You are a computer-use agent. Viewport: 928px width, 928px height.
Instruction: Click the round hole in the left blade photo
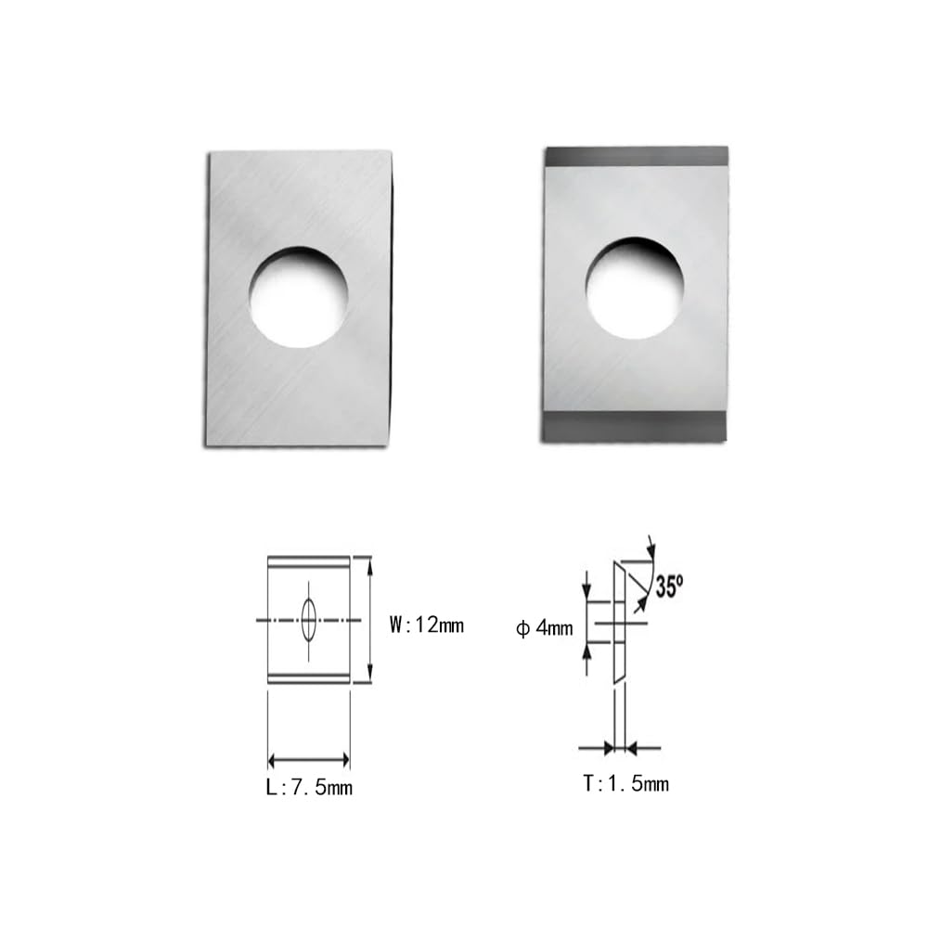(x=298, y=297)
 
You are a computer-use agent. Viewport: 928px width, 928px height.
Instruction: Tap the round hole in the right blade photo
(x=635, y=288)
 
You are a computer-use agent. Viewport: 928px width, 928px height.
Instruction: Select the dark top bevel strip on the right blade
(x=636, y=156)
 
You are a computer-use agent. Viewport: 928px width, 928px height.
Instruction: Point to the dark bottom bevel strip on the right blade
(x=636, y=428)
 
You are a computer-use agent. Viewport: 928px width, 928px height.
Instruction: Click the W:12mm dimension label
(x=426, y=625)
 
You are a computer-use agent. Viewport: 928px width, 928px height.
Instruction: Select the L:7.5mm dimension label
(x=308, y=789)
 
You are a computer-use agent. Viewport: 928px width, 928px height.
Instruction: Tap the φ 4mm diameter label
(x=545, y=628)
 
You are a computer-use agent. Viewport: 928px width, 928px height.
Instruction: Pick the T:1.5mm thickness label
(x=625, y=784)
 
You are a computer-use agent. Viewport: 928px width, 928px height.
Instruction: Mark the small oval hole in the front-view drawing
(x=309, y=619)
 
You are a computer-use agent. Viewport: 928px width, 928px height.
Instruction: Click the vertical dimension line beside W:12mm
(x=369, y=619)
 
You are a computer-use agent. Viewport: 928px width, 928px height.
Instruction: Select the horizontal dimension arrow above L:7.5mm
(x=308, y=760)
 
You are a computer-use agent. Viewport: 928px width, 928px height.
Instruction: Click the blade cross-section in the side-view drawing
(x=618, y=622)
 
